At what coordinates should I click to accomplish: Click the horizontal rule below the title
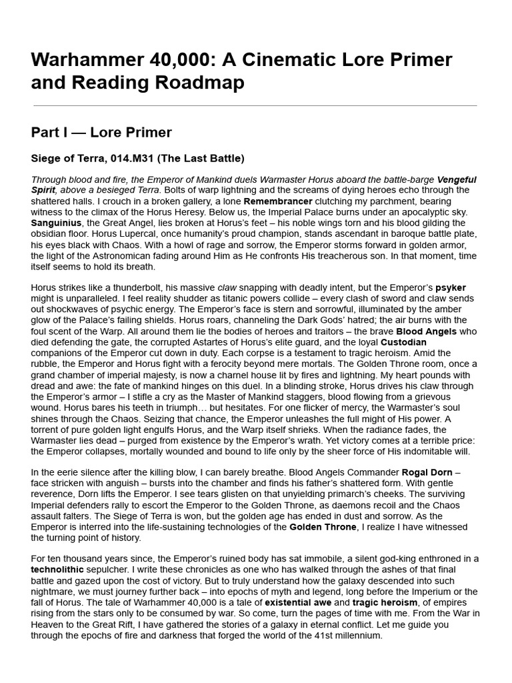pyautogui.click(x=254, y=105)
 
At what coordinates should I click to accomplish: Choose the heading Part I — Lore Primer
pyautogui.click(x=101, y=132)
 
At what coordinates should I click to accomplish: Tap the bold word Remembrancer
pyautogui.click(x=277, y=200)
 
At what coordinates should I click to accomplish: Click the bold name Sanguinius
pyautogui.click(x=56, y=222)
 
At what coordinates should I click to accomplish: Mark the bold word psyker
pyautogui.click(x=451, y=287)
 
